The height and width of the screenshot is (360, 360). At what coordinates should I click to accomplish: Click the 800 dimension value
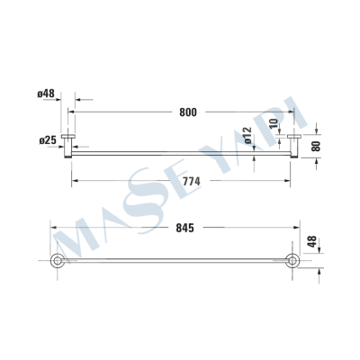tap(187, 112)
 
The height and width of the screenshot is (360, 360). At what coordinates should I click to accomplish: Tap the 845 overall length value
tap(184, 229)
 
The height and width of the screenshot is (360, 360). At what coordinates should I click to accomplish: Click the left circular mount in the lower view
tap(57, 262)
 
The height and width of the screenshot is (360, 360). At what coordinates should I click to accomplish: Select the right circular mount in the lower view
tap(292, 262)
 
